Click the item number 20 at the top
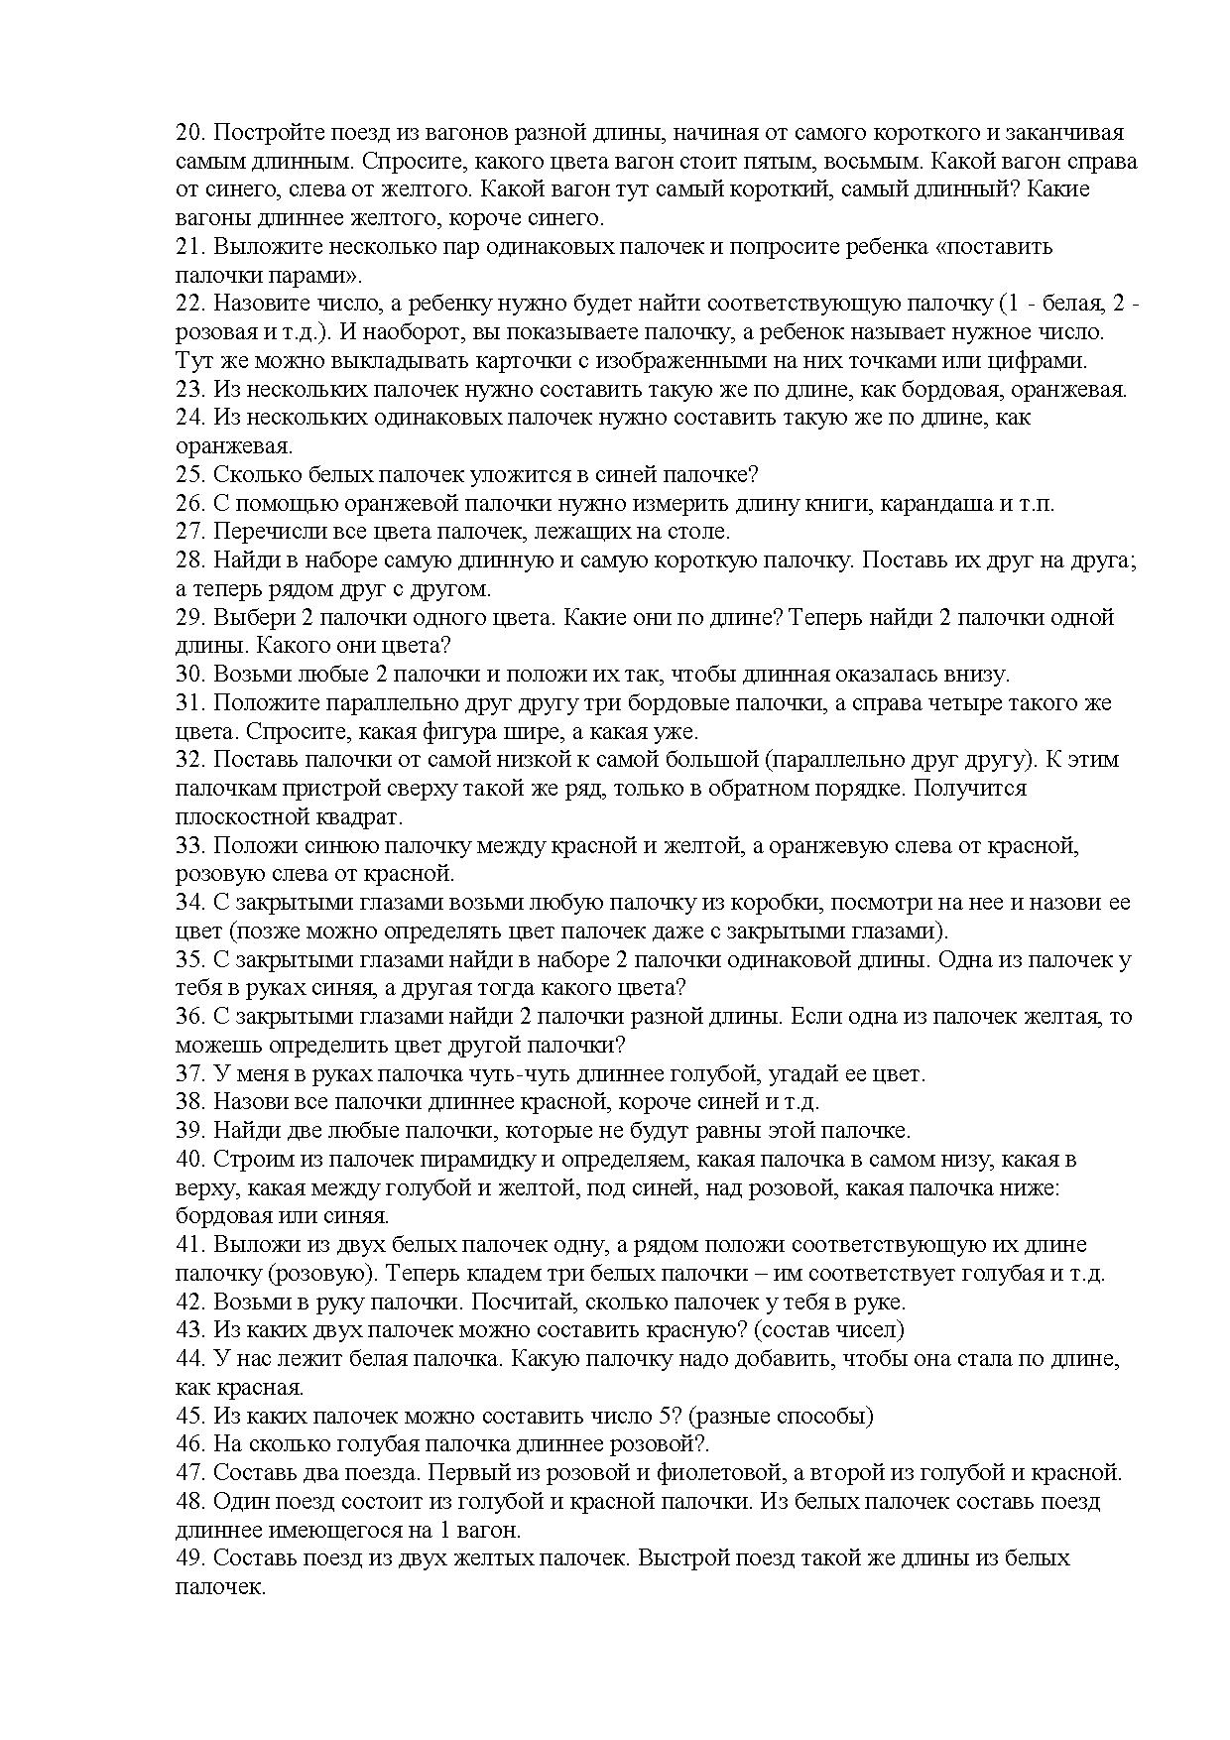pyautogui.click(x=188, y=133)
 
